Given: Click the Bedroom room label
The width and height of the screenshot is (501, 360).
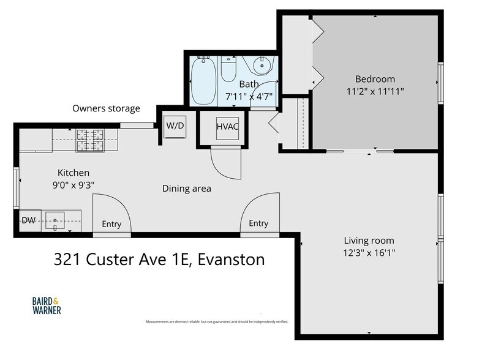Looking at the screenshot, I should [375, 79].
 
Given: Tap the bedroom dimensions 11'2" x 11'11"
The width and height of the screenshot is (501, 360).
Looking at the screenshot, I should [375, 91].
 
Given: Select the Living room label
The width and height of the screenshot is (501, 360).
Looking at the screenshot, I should [369, 240].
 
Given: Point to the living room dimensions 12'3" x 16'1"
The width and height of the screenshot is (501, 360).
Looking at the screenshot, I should [369, 252].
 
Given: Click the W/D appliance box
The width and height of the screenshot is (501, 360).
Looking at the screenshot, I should [175, 126].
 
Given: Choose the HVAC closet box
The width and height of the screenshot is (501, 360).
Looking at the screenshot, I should [227, 126].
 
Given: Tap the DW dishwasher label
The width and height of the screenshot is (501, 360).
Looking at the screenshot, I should [28, 220].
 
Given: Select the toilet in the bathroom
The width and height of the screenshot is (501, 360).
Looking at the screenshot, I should [228, 70].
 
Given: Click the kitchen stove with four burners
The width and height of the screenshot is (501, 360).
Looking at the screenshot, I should [90, 140].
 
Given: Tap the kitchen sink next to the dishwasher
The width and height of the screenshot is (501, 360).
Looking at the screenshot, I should [55, 219].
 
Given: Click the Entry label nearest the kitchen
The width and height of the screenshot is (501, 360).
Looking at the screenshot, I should [111, 224].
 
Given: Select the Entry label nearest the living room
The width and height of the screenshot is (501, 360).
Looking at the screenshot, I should [258, 223].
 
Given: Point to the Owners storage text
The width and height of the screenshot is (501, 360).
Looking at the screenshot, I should [106, 108].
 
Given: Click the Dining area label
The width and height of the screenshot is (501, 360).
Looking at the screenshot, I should [186, 189].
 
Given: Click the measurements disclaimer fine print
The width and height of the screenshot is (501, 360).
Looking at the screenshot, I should [216, 321].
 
